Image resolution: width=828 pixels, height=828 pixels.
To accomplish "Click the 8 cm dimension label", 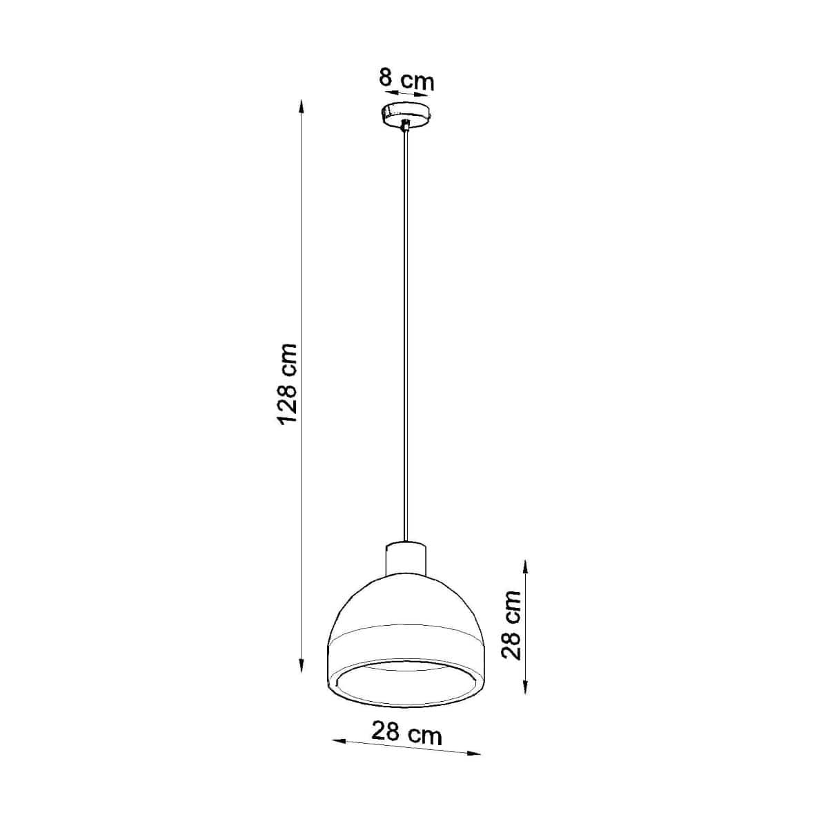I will (406, 79).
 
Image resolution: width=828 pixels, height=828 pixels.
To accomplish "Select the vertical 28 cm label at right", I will (511, 624).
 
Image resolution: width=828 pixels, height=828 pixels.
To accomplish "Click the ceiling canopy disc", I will (406, 113).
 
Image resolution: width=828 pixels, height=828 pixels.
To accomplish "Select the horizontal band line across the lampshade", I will (406, 629).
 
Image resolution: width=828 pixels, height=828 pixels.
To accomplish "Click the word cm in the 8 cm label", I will (419, 81).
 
